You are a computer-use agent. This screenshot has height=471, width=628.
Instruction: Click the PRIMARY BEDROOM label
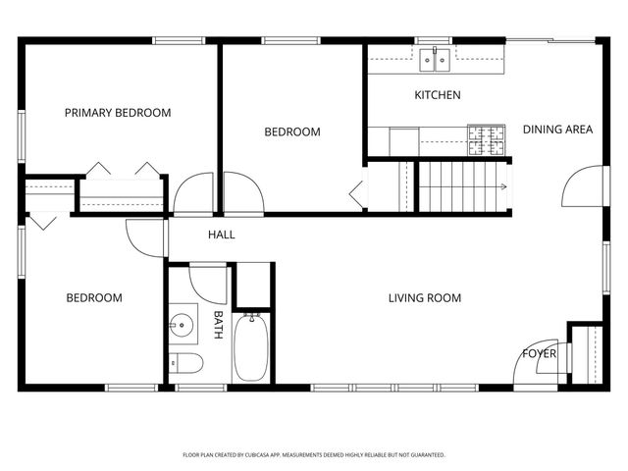coord(118,113)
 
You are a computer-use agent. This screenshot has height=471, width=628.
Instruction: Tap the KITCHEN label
coord(438,95)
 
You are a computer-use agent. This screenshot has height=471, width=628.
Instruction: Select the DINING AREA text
coord(557,129)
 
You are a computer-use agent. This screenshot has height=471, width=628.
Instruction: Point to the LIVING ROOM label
coord(424,298)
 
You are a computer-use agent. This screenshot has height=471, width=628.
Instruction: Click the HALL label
coord(221,235)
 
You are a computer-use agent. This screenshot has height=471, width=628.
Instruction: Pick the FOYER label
coord(539,353)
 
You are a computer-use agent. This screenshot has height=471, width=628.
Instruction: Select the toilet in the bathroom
coord(186,364)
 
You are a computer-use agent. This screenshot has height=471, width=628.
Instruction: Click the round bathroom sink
coord(181,325)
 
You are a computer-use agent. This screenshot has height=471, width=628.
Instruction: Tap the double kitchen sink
coord(434,61)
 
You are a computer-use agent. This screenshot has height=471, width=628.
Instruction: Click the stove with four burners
coord(487,140)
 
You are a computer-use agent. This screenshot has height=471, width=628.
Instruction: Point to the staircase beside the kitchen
coord(461,185)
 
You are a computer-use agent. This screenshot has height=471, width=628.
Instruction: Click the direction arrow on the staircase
coord(501,186)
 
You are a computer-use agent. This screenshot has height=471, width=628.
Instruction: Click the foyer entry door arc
coord(530,367)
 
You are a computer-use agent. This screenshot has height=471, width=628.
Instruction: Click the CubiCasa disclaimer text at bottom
coord(314,455)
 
